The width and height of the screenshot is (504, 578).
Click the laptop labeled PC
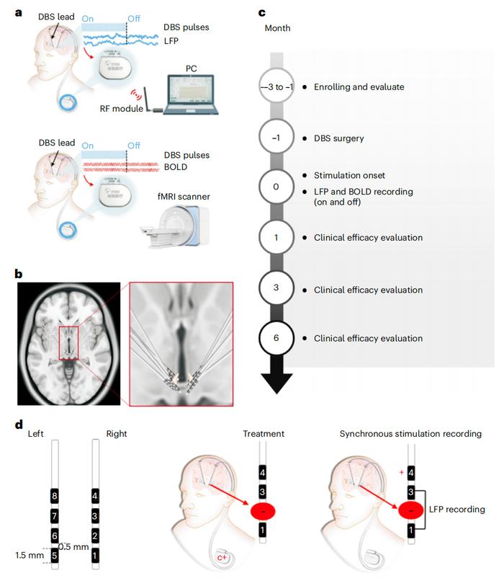[x=191, y=94]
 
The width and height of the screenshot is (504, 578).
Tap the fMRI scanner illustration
[x=175, y=226]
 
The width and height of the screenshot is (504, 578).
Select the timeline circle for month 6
[x=276, y=338]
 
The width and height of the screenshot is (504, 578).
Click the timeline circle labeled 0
[x=276, y=187]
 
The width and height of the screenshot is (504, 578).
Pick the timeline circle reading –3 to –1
[x=276, y=87]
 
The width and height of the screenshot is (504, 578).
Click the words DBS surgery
[x=338, y=138]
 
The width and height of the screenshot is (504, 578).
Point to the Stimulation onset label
[x=349, y=175]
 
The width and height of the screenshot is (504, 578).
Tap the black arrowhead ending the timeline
[x=277, y=383]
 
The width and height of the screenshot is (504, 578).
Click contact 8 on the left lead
[x=55, y=496]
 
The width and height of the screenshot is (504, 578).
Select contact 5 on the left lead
[x=55, y=556]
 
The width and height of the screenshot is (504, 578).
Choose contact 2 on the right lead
[x=95, y=535]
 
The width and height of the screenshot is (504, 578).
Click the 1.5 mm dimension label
[x=30, y=555]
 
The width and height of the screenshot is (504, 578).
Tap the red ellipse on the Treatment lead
[x=263, y=511]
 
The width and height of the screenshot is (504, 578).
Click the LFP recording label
[x=457, y=510]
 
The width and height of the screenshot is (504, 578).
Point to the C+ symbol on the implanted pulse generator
[x=222, y=558]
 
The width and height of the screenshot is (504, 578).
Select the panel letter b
[x=19, y=274]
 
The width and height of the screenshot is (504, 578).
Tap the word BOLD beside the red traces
[x=175, y=167]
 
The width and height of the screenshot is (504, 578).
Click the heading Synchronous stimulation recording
[x=410, y=434]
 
